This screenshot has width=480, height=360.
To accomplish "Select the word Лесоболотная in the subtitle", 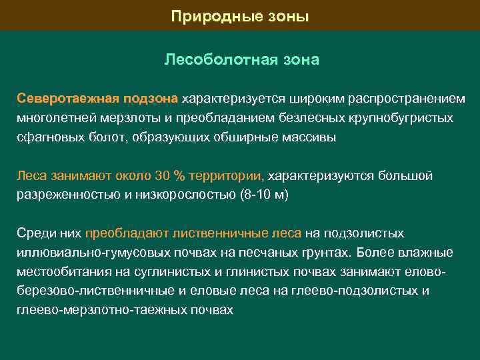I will coord(213,60).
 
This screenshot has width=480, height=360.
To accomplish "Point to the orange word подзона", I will coord(150,99).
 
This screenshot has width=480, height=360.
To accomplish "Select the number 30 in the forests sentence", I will coord(162,176).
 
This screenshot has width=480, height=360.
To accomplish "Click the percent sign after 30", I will coord(179,176).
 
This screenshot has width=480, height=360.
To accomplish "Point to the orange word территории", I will coord(227,176).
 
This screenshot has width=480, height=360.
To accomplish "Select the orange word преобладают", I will coord(127,233).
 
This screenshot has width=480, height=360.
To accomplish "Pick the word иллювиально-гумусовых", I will coord(86,253).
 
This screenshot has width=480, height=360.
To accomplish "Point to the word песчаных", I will coord(273,253).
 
